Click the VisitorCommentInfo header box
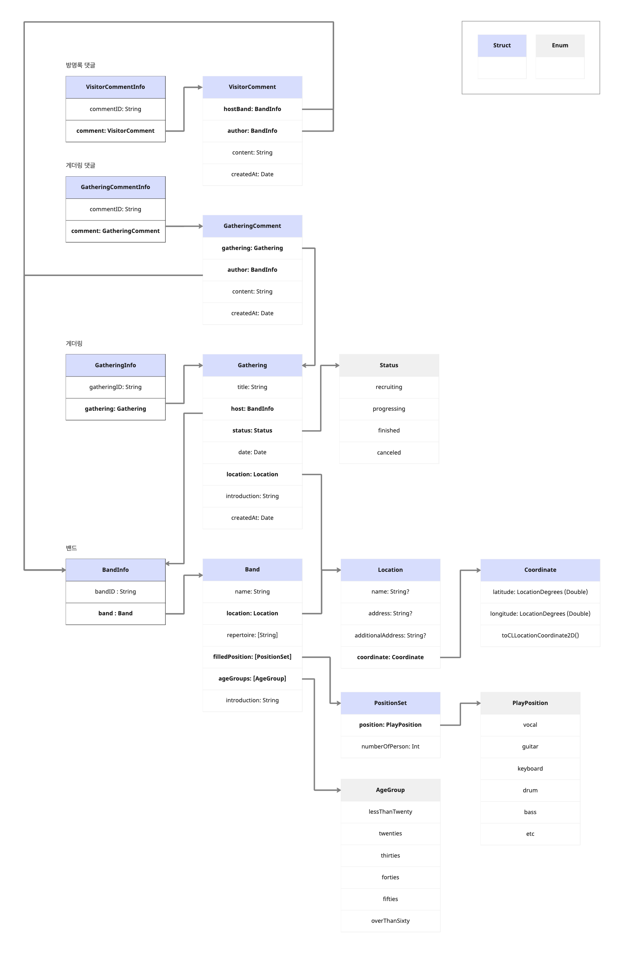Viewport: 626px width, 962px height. pos(115,87)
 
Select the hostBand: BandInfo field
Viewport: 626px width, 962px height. pos(252,109)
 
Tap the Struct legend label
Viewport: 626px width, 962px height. pos(501,45)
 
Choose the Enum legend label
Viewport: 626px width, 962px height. pos(560,45)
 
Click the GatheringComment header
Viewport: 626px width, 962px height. pos(252,226)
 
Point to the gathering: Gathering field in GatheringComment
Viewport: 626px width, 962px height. pos(252,248)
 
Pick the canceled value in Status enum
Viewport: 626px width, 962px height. pos(389,452)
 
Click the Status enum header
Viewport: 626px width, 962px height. pos(389,365)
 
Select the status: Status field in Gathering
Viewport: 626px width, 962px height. pos(252,431)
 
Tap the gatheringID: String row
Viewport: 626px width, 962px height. pos(115,387)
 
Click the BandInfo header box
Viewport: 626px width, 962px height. pos(115,570)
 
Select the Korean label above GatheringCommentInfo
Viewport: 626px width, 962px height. pos(80,165)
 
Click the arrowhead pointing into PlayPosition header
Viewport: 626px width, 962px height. pos(478,703)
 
